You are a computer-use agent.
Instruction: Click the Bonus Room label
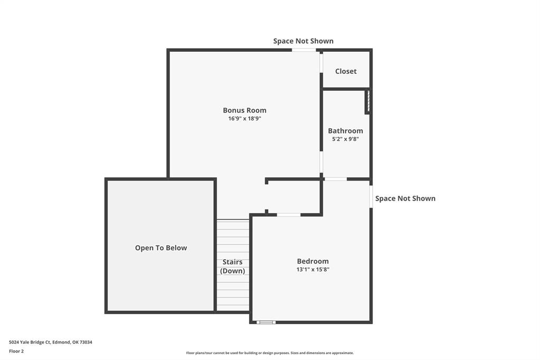pyautogui.click(x=244, y=110)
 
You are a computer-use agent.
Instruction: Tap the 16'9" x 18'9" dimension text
pyautogui.click(x=244, y=119)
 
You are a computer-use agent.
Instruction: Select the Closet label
pyautogui.click(x=346, y=71)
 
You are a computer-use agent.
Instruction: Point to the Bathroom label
pyautogui.click(x=345, y=131)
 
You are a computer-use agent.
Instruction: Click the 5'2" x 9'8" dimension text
pyautogui.click(x=345, y=139)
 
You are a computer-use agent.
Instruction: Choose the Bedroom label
pyautogui.click(x=312, y=261)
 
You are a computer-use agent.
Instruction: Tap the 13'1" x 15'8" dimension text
pyautogui.click(x=312, y=269)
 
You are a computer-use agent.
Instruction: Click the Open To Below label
pyautogui.click(x=161, y=248)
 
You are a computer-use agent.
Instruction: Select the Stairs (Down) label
pyautogui.click(x=232, y=266)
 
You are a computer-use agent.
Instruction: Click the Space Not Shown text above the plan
pyautogui.click(x=303, y=41)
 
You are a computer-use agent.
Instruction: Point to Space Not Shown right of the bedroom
pyautogui.click(x=405, y=198)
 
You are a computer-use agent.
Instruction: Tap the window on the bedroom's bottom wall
pyautogui.click(x=266, y=321)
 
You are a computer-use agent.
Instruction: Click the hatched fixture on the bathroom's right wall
pyautogui.click(x=368, y=101)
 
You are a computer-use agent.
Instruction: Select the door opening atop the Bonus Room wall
pyautogui.click(x=304, y=50)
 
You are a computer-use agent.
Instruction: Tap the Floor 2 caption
pyautogui.click(x=16, y=351)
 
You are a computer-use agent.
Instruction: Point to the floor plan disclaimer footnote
pyautogui.click(x=270, y=353)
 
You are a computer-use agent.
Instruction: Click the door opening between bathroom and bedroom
pyautogui.click(x=335, y=179)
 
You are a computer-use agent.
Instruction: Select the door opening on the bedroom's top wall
pyautogui.click(x=289, y=214)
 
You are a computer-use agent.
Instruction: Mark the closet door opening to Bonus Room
pyautogui.click(x=321, y=62)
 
